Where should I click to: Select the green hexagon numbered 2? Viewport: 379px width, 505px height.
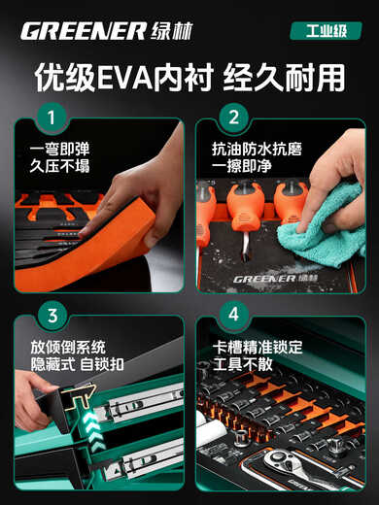[x=233, y=120]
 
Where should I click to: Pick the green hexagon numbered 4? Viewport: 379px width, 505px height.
[x=233, y=316]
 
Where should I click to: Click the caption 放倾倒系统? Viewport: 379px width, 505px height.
[x=68, y=347]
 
